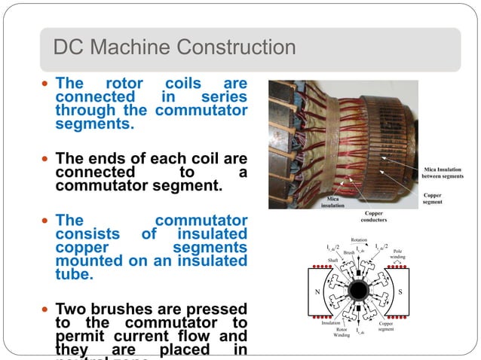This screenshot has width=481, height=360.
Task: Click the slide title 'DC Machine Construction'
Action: pyautogui.click(x=174, y=48)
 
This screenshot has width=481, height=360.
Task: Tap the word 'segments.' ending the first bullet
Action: pyautogui.click(x=95, y=124)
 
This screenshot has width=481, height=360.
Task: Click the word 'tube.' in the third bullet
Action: pyautogui.click(x=75, y=275)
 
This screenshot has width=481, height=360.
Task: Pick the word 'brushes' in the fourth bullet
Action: pyautogui.click(x=124, y=309)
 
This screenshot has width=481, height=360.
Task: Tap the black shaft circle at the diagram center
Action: pyautogui.click(x=359, y=291)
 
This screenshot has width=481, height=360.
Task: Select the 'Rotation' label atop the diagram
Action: pyautogui.click(x=359, y=240)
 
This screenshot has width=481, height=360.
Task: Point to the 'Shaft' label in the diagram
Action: pyautogui.click(x=332, y=260)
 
